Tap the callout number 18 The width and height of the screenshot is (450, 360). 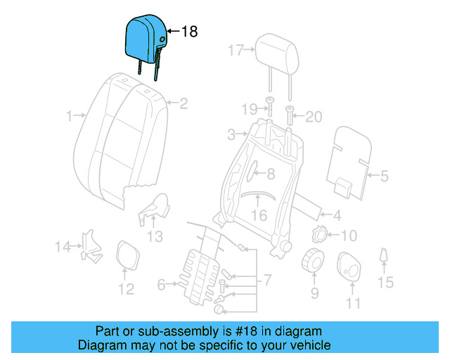pyautogui.click(x=190, y=32)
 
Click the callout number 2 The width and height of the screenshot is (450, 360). pyautogui.click(x=184, y=104)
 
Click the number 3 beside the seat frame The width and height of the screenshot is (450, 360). pyautogui.click(x=231, y=134)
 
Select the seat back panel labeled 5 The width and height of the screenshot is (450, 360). pyautogui.click(x=352, y=158)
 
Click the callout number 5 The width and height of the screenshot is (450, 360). pyautogui.click(x=384, y=176)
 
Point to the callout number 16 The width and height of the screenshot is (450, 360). pyautogui.click(x=259, y=216)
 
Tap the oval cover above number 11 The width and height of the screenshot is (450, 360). pyautogui.click(x=349, y=266)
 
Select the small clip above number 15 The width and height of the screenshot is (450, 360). pyautogui.click(x=384, y=255)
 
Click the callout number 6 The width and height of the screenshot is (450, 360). pyautogui.click(x=161, y=285)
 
